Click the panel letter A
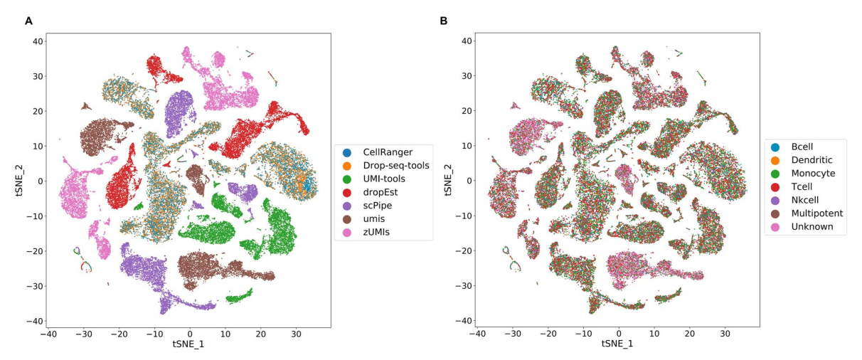pos(28,21)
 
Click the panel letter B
pos(444,21)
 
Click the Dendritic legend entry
pos(808,160)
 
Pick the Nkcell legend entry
pos(804,200)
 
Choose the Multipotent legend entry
pos(812,213)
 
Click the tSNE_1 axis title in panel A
pos(188,344)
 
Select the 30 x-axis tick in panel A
pos(294,333)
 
